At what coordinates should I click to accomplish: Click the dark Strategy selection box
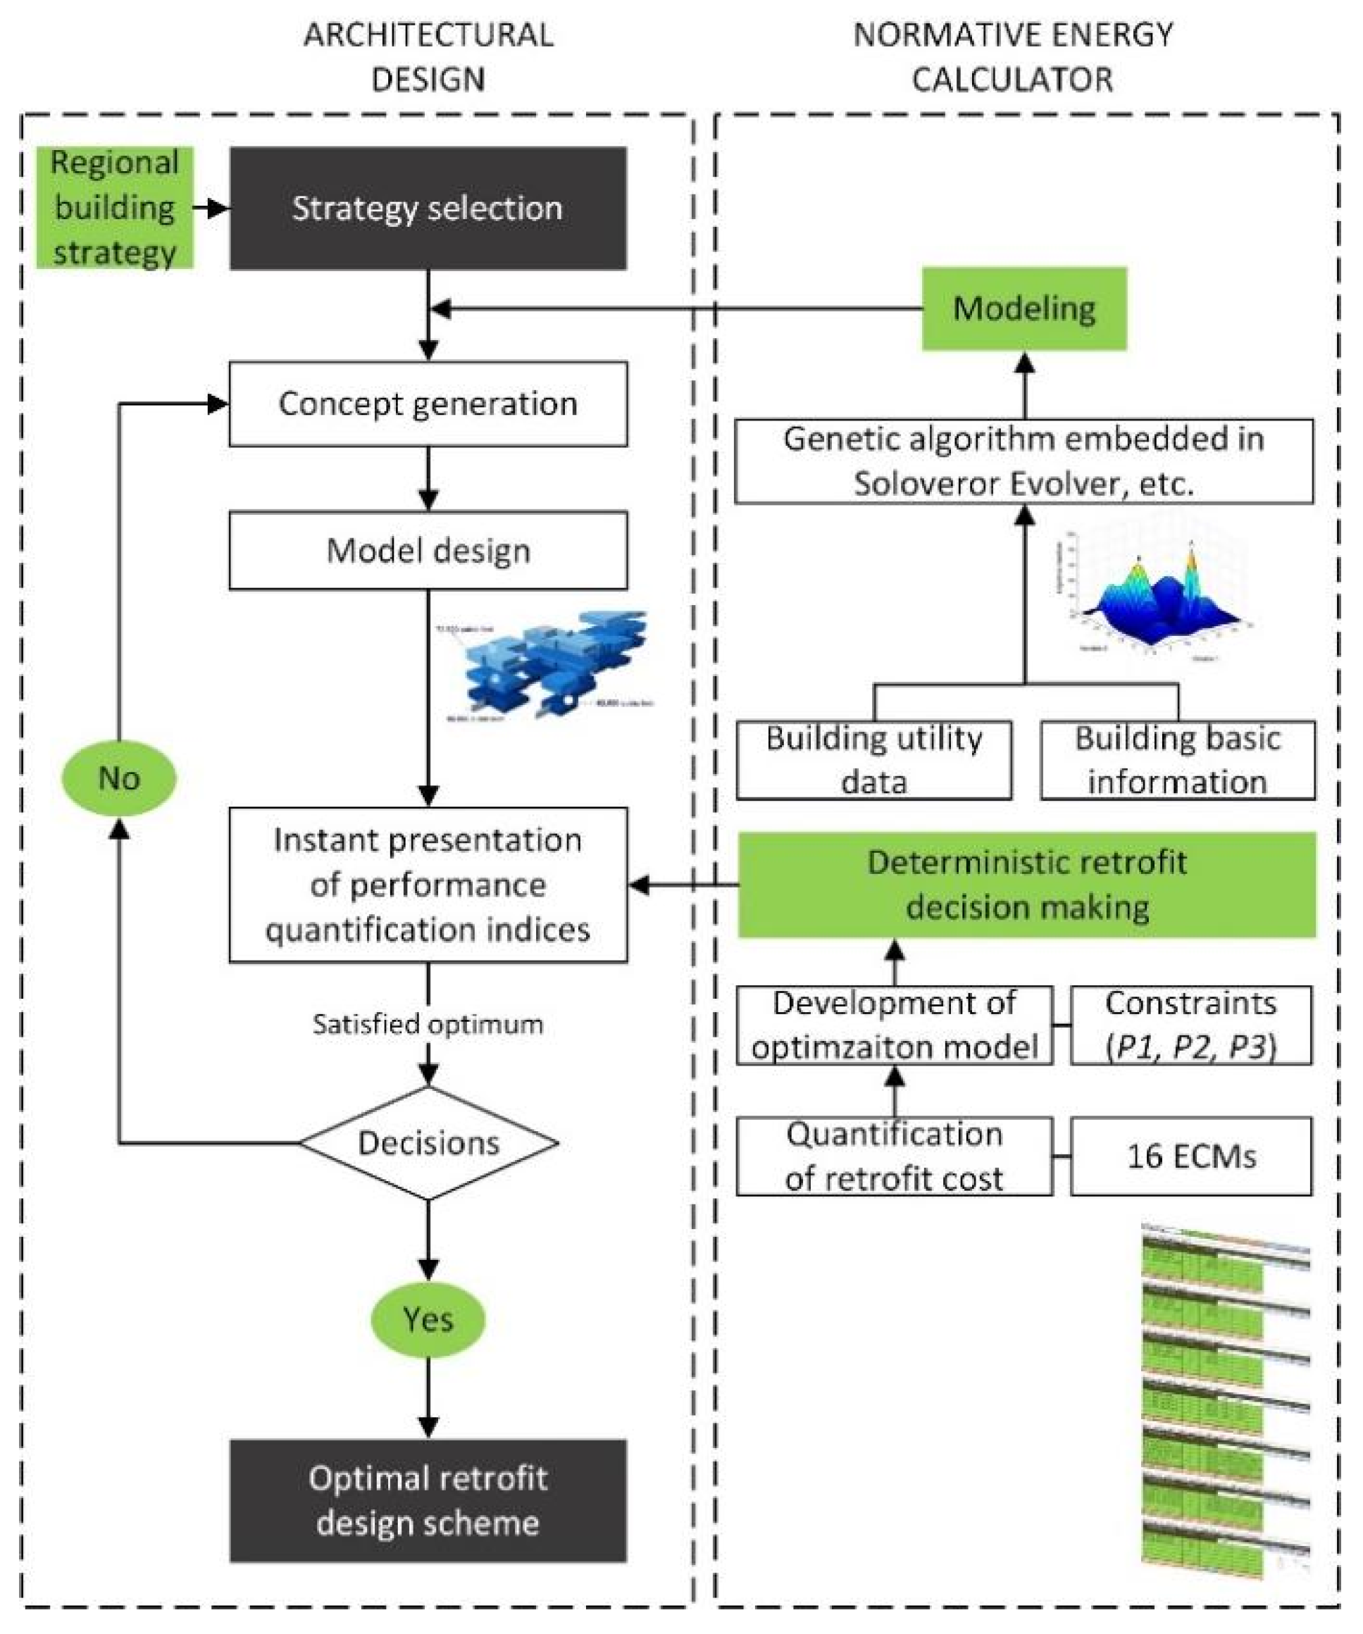(428, 208)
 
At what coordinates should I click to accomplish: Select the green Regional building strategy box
(115, 208)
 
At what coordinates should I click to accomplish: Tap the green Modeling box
(1023, 309)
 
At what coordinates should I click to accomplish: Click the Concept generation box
(428, 404)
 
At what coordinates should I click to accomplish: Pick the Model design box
(428, 551)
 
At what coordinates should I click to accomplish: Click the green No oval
(119, 778)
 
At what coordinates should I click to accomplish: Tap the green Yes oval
(428, 1320)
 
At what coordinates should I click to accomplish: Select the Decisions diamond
(428, 1143)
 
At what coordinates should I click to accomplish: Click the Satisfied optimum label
(428, 1024)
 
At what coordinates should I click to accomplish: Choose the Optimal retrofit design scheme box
(428, 1500)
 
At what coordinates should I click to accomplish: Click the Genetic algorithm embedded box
(1023, 461)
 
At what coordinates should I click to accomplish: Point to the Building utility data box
(873, 760)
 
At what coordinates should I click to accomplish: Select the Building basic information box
(1177, 760)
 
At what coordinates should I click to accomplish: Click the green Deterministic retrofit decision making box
(1027, 885)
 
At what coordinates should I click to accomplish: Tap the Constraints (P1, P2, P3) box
(1191, 1025)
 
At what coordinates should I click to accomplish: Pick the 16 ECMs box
(1191, 1156)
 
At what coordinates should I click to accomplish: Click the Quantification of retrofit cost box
(894, 1156)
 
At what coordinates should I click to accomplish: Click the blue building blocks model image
(552, 666)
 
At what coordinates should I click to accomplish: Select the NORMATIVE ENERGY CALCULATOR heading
(1013, 57)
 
